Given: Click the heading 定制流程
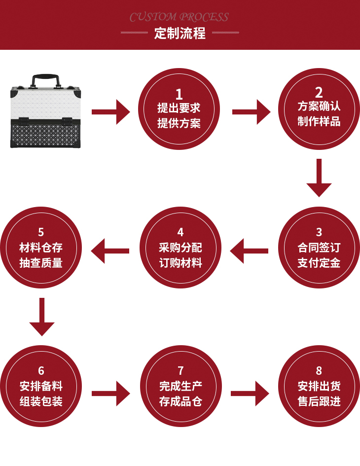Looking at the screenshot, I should [x=180, y=34].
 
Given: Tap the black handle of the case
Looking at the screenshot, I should [x=46, y=79].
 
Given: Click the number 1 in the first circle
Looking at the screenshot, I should [x=179, y=94].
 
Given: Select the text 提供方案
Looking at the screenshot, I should [x=179, y=123].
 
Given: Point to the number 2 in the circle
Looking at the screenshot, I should [x=319, y=92].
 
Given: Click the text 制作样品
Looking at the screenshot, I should [x=319, y=121].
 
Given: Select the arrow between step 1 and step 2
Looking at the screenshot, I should [x=251, y=112].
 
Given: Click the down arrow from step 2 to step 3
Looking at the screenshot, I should [x=319, y=178].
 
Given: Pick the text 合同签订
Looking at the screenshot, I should [x=319, y=248].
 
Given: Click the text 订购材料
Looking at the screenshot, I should [x=180, y=263].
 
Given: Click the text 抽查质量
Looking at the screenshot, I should [x=41, y=263].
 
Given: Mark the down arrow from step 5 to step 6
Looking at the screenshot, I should [x=42, y=317].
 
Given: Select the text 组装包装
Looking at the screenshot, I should [x=41, y=401].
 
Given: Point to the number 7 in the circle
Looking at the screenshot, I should [x=180, y=371].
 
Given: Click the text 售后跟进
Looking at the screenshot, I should [x=319, y=401].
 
